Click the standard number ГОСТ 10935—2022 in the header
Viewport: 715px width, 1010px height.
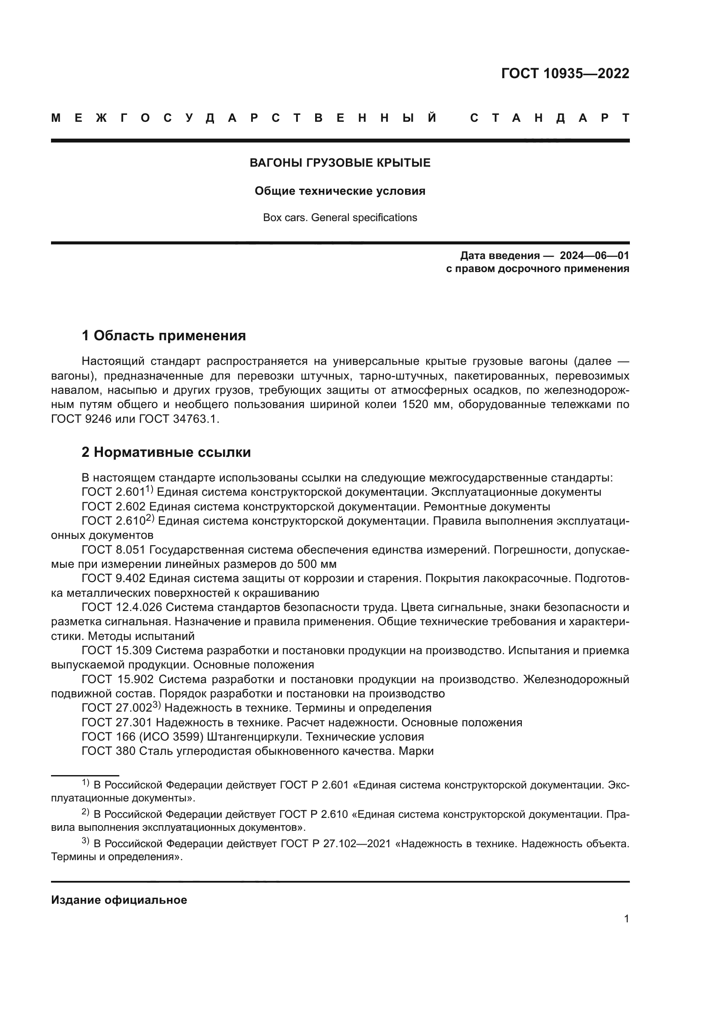coord(565,73)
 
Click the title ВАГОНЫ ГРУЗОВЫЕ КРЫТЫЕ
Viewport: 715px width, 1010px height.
coord(340,163)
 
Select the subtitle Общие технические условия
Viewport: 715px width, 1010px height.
coord(340,191)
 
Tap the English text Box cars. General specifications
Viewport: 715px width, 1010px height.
coord(340,218)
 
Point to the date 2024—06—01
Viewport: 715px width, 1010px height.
coord(594,256)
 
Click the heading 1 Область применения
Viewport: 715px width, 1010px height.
coord(163,336)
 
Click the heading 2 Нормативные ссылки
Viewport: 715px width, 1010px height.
coord(166,452)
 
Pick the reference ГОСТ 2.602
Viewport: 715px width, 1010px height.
coord(114,507)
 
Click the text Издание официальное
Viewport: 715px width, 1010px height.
coord(119,900)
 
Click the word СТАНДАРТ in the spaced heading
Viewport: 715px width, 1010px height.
coord(549,118)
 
